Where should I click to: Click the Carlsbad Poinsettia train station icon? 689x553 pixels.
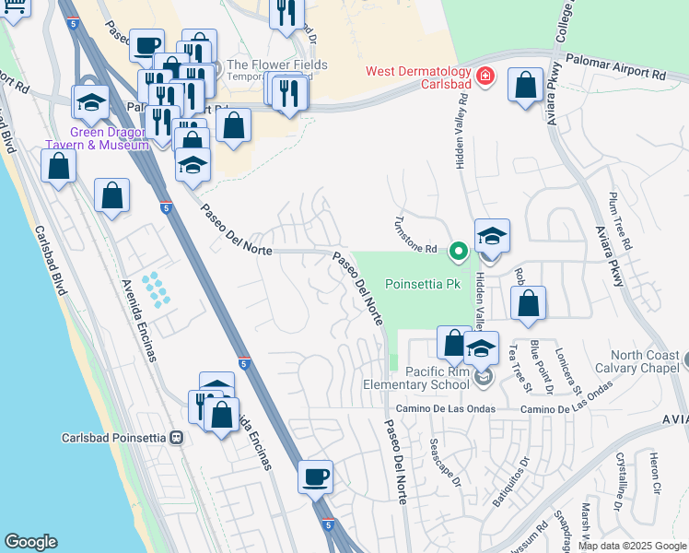tap(176, 438)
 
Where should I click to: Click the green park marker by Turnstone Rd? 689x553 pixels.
tap(457, 249)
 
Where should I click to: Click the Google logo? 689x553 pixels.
tap(31, 542)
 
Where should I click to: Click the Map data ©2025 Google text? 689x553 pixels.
tap(632, 546)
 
